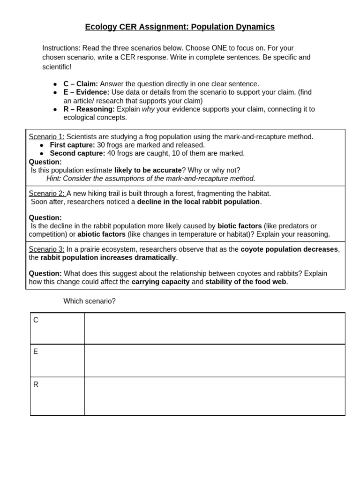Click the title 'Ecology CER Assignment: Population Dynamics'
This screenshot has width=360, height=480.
pyautogui.click(x=180, y=27)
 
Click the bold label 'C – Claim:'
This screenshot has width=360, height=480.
pyautogui.click(x=81, y=84)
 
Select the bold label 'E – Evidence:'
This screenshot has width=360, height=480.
pyautogui.click(x=86, y=92)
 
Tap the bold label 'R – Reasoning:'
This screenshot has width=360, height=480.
pyautogui.click(x=89, y=109)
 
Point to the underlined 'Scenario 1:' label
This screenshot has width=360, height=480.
pyautogui.click(x=46, y=137)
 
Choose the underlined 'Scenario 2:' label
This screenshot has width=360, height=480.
pyautogui.click(x=46, y=194)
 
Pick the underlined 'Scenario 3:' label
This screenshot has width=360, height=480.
pyautogui.click(x=46, y=249)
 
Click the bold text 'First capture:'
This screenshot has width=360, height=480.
pyautogui.click(x=72, y=145)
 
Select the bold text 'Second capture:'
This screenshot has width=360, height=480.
pyautogui.click(x=77, y=153)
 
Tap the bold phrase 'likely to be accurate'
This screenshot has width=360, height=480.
pyautogui.click(x=148, y=170)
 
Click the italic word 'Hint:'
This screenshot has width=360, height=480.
pyautogui.click(x=53, y=179)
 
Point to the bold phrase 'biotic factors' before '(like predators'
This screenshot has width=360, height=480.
pyautogui.click(x=240, y=226)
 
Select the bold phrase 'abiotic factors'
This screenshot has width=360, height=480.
pyautogui.click(x=101, y=234)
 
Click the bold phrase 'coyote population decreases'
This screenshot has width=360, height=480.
pyautogui.click(x=289, y=249)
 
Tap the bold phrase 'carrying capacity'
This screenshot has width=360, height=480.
pyautogui.click(x=160, y=282)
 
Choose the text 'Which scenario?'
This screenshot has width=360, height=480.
pyautogui.click(x=90, y=301)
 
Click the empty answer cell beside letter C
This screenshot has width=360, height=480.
pyautogui.click(x=214, y=329)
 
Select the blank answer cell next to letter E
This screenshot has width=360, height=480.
pyautogui.click(x=214, y=360)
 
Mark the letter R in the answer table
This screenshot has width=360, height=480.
pyautogui.click(x=36, y=384)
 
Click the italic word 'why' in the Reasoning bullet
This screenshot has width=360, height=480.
pyautogui.click(x=148, y=109)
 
